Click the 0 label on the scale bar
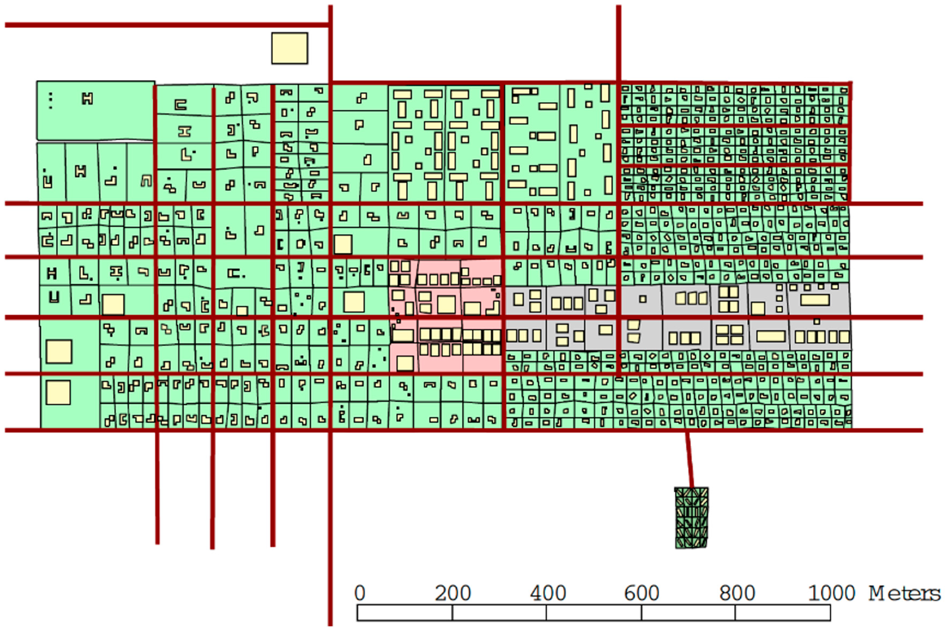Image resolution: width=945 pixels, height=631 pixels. click(360, 593)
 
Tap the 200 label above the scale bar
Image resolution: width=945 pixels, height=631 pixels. click(453, 593)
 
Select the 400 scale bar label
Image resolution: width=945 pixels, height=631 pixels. click(547, 593)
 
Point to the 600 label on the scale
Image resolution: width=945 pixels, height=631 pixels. click(642, 593)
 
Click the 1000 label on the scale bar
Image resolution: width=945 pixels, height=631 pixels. click(831, 593)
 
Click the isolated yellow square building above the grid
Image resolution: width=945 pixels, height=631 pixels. click(290, 48)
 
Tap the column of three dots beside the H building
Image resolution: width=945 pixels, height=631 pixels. click(50, 101)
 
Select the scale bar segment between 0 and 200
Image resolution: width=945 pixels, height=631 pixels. click(405, 612)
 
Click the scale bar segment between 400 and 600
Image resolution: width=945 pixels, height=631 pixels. click(594, 612)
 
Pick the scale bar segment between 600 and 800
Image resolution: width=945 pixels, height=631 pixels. click(688, 612)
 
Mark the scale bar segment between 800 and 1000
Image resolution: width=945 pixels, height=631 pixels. click(783, 612)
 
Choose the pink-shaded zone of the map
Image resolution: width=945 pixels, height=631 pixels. click(446, 315)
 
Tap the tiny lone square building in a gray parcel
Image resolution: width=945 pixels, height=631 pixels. click(643, 299)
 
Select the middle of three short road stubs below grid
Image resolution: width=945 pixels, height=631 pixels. click(212, 489)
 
